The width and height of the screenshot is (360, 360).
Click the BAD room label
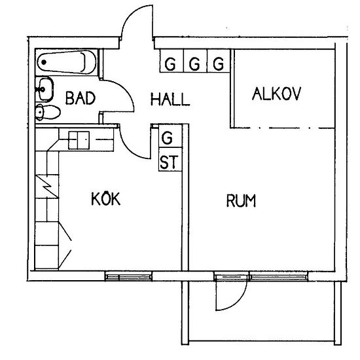[81, 98]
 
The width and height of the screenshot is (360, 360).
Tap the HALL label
[170, 99]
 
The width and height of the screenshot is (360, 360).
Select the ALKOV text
[276, 94]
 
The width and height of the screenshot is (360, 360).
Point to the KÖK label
[106, 198]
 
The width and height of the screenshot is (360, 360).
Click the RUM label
[241, 200]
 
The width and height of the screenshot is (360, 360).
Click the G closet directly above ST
[170, 135]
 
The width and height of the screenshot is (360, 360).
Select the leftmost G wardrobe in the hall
[171, 61]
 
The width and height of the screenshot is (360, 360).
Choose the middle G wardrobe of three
[195, 61]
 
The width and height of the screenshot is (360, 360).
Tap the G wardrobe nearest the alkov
[219, 61]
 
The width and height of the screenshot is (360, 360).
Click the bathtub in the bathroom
[67, 62]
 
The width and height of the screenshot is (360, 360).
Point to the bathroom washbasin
[45, 89]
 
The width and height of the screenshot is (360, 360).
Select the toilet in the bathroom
[48, 113]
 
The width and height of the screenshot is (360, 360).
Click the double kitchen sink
[79, 140]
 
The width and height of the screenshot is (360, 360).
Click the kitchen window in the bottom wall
[128, 277]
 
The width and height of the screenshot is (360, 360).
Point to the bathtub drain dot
[44, 62]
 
